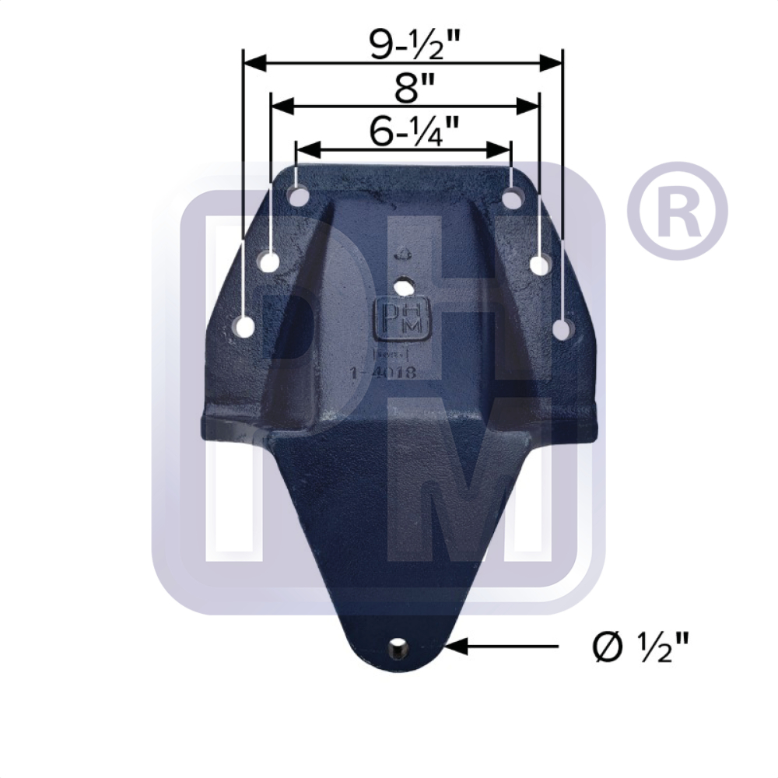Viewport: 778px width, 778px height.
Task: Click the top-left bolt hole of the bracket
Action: tap(296, 194)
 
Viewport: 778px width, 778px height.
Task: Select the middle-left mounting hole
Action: tap(269, 262)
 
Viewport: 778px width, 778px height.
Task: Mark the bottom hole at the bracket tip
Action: tap(398, 646)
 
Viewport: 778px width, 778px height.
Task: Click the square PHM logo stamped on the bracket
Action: tap(401, 319)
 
